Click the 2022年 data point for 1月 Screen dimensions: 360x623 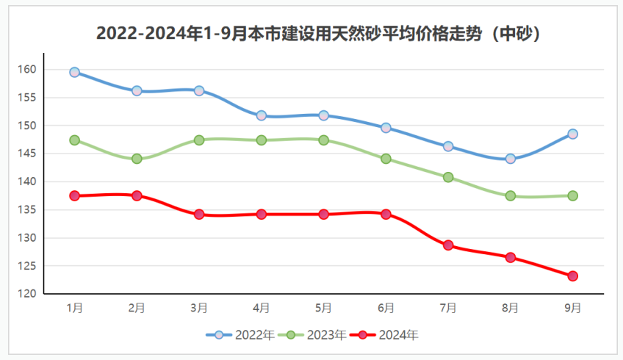(74, 72)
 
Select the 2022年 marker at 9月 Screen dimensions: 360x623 (572, 134)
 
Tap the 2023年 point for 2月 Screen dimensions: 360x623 (137, 159)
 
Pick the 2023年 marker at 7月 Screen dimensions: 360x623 (448, 177)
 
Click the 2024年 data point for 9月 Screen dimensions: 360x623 (572, 276)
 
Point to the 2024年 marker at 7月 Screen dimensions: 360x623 (448, 245)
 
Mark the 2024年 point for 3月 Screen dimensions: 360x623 (199, 215)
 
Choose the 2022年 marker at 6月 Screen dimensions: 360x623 (386, 128)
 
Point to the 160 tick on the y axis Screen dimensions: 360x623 (28, 70)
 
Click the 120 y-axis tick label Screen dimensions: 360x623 (28, 294)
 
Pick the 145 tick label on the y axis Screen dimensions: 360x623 (28, 154)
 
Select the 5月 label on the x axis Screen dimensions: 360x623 (323, 308)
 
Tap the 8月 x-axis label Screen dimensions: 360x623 (511, 308)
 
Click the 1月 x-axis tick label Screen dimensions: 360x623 (74, 308)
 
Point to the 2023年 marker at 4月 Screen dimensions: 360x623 (261, 140)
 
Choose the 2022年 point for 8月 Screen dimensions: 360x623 (511, 159)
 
